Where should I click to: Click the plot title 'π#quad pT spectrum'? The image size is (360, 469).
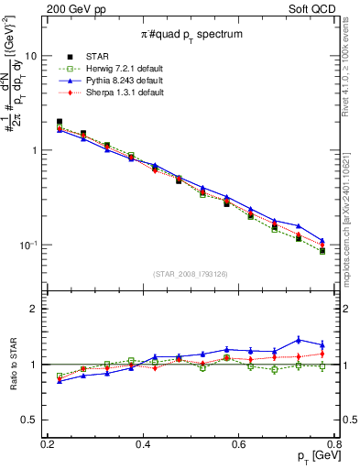tap(191, 34)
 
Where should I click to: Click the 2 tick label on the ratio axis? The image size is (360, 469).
tap(38, 310)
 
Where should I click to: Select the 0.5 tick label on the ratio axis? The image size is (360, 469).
tap(36, 420)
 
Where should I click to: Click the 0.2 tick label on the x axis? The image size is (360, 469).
tap(48, 444)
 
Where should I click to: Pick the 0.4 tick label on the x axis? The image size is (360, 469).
tap(143, 444)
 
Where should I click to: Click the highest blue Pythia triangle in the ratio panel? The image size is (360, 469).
tap(299, 340)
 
